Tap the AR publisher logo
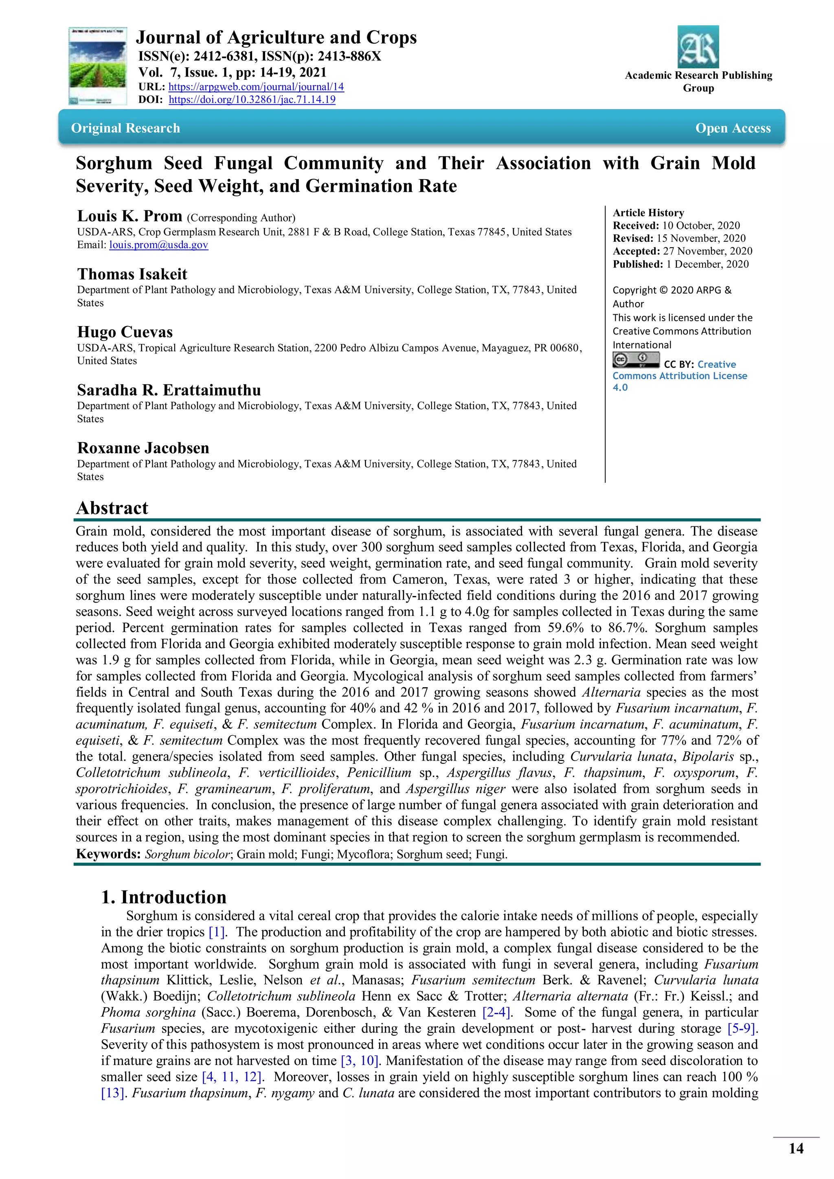698,47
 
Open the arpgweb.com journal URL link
256,87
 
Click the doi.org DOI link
252,100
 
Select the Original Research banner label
126,128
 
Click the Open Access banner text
733,128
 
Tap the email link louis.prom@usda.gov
159,245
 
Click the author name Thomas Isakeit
132,274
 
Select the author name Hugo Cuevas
125,332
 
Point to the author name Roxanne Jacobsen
143,448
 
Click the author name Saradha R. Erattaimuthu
169,390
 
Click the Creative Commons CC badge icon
636,360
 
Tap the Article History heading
648,213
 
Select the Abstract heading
112,508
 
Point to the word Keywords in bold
108,854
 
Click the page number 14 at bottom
796,1148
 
